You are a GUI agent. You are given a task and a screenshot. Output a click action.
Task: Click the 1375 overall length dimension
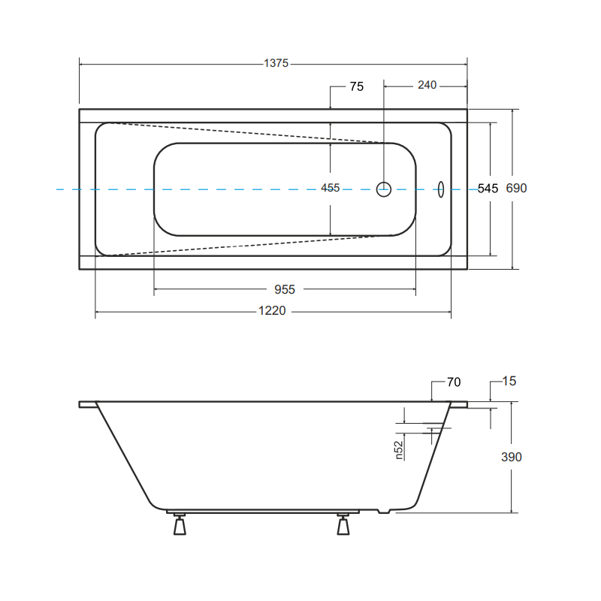click(276, 64)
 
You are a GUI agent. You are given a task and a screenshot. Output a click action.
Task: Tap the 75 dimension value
click(356, 86)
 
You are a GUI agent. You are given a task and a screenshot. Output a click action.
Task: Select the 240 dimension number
click(427, 86)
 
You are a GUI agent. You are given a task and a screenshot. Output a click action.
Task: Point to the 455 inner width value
click(331, 188)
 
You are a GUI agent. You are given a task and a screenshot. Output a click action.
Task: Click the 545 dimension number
click(488, 189)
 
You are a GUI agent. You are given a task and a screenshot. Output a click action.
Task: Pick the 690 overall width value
click(516, 189)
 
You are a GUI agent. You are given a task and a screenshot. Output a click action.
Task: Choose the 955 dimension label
click(284, 289)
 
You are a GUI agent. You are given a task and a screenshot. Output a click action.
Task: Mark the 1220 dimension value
click(272, 311)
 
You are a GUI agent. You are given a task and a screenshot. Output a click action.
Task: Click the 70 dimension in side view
click(453, 382)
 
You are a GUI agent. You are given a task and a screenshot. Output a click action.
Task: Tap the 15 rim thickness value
click(509, 382)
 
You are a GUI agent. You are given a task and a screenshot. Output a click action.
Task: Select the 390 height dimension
click(511, 457)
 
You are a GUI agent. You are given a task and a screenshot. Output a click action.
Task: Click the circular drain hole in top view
click(384, 189)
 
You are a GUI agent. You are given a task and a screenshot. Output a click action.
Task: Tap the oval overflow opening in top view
click(441, 189)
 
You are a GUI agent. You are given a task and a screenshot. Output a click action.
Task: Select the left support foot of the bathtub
click(180, 524)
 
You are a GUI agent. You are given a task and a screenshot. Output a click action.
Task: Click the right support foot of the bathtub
click(343, 524)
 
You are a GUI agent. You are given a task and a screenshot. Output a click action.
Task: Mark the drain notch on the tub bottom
click(385, 512)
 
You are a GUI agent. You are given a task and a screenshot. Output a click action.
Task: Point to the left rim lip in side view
click(87, 404)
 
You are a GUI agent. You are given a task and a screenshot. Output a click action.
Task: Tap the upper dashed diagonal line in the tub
click(248, 132)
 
